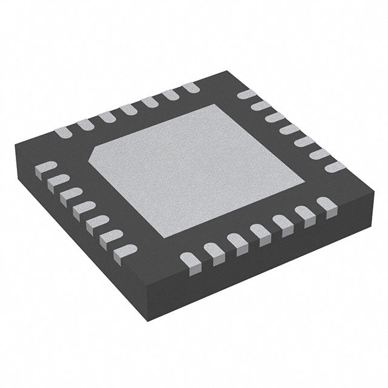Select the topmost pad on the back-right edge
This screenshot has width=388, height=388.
pyautogui.click(x=246, y=95)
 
